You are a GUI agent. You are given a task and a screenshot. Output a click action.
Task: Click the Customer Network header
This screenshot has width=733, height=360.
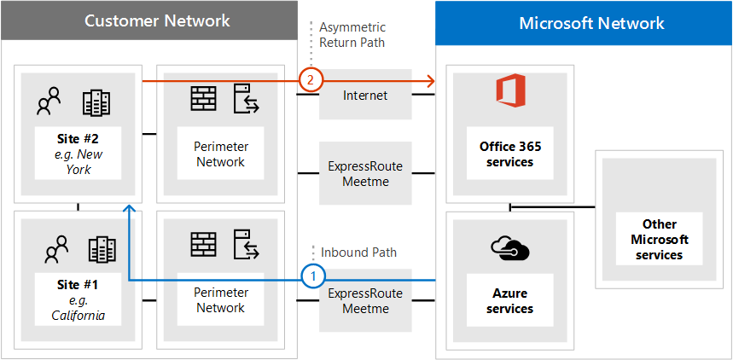tap(157, 21)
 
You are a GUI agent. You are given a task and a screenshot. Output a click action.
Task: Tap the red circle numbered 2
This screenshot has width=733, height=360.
tap(311, 80)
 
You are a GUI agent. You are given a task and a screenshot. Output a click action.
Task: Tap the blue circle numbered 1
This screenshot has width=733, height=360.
tap(314, 276)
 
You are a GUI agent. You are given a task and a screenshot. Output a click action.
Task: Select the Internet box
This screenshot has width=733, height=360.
tap(365, 95)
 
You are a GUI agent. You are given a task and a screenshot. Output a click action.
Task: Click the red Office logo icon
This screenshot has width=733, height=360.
tap(510, 91)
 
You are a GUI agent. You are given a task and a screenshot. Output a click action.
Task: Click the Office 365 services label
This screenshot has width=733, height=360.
tap(510, 154)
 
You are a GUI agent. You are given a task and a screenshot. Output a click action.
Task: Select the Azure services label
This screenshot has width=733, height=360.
tap(510, 300)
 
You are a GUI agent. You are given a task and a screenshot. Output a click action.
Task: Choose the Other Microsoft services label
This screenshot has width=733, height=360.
tap(660, 240)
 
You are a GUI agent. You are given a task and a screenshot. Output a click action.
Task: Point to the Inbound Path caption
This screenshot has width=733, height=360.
tap(358, 253)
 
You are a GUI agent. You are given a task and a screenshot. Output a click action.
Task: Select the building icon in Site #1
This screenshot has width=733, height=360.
tap(102, 249)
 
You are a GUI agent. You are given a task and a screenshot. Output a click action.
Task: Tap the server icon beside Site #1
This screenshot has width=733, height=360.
tap(245, 247)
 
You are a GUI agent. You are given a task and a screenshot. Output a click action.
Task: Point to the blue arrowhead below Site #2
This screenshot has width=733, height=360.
tap(128, 209)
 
